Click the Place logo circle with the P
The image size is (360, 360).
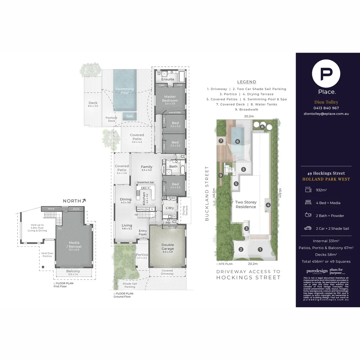click(326, 74)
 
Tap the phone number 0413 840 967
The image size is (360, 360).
click(326, 108)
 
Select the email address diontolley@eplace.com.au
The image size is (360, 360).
click(326, 114)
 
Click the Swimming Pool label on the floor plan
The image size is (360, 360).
click(125, 91)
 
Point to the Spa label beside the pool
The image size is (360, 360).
click(129, 116)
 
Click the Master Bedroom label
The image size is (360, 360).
click(170, 99)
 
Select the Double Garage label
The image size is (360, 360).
click(167, 247)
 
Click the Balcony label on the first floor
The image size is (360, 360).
click(73, 271)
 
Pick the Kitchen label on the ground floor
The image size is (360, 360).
click(144, 198)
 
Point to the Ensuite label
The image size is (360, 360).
click(168, 79)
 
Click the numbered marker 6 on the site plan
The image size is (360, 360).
click(238, 141)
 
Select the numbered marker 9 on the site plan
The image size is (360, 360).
click(220, 175)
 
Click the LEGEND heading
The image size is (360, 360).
click(247, 82)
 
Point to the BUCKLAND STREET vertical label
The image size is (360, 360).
click(207, 193)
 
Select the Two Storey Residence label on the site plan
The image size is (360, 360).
click(246, 204)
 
